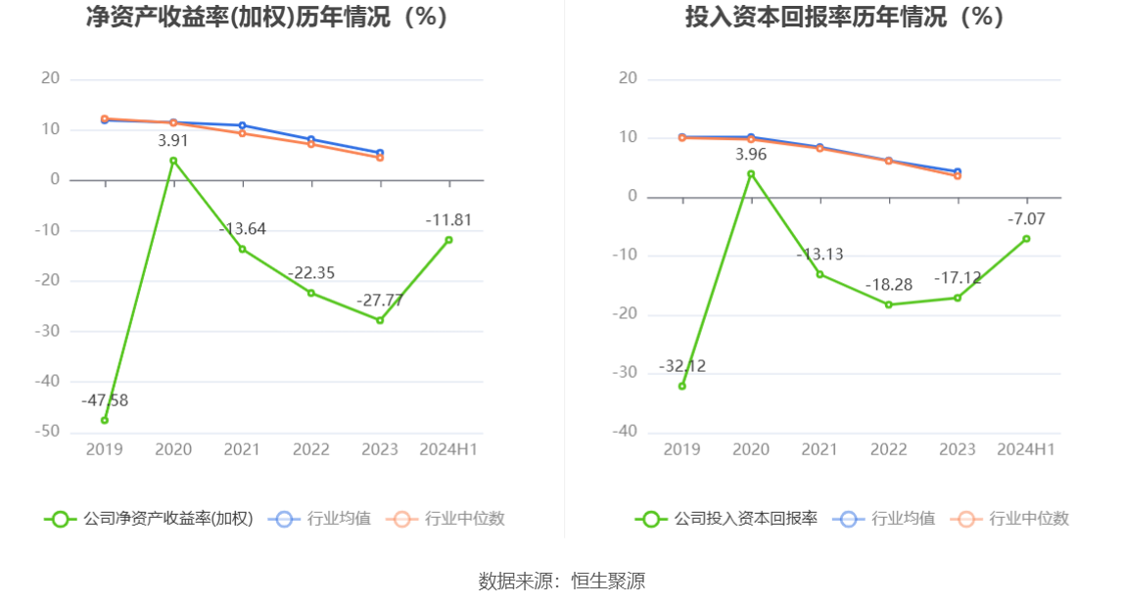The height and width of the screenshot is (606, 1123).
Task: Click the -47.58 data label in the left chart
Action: [106, 400]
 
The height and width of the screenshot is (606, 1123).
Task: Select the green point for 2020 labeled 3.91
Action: [173, 161]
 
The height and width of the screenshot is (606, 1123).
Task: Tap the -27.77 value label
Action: [379, 301]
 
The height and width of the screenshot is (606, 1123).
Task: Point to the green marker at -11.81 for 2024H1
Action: [448, 240]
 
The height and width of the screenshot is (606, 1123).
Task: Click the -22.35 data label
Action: [311, 273]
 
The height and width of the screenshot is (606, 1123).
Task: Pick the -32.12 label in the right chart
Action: [682, 366]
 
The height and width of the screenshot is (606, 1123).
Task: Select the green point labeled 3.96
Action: [751, 174]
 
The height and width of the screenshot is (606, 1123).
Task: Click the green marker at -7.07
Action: [1026, 239]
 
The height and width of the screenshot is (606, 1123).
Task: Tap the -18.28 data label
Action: [888, 285]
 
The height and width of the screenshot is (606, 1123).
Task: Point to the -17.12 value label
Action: [957, 278]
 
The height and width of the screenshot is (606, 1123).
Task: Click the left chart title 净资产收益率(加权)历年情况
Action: [267, 17]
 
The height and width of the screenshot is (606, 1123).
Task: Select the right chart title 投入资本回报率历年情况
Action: [844, 17]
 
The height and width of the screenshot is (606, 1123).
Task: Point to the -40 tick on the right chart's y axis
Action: [628, 432]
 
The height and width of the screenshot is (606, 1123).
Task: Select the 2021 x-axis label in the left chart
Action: [242, 449]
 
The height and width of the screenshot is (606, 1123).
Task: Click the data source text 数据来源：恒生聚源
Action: [561, 581]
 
